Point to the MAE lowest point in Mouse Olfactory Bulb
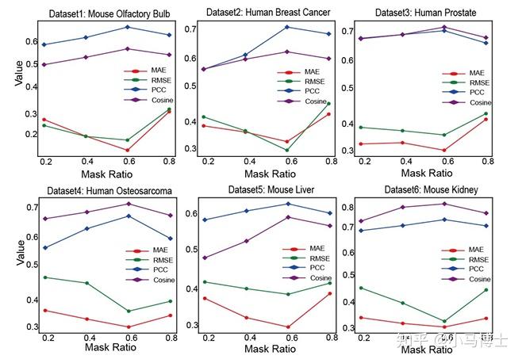[x=127, y=150]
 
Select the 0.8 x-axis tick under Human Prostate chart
[x=486, y=162]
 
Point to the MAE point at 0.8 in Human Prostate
[x=486, y=119]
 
